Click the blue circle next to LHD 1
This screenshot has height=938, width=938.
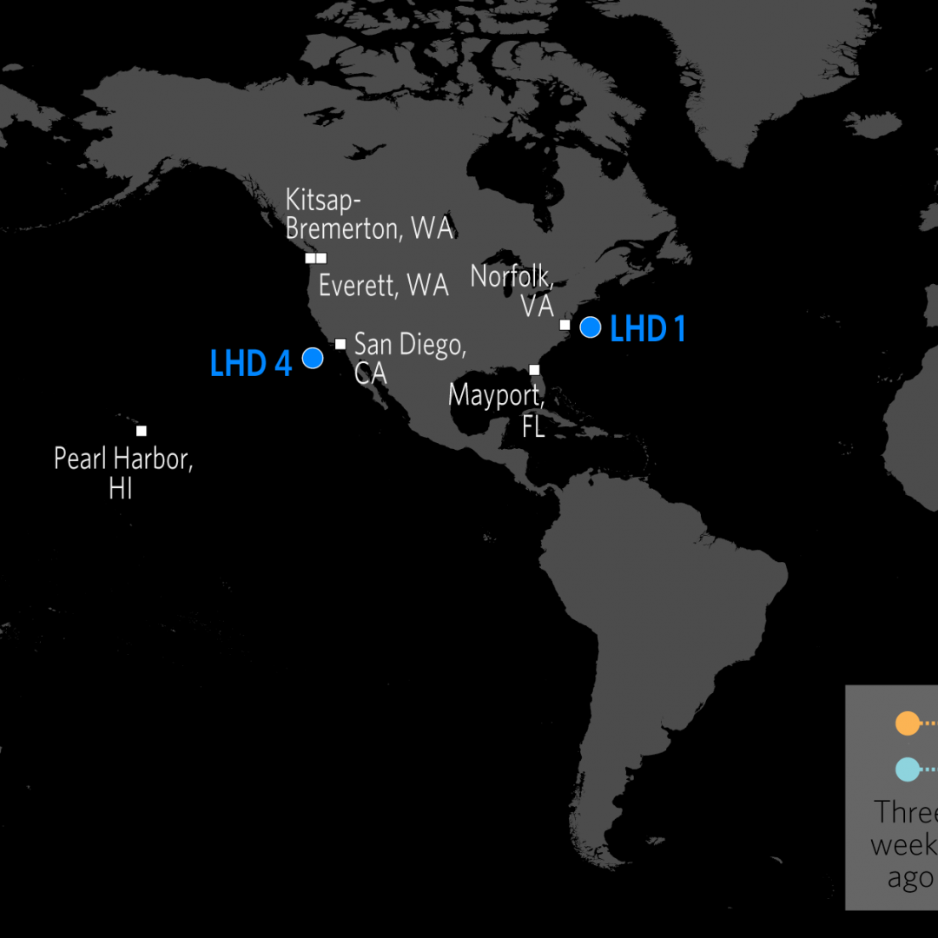pyautogui.click(x=591, y=327)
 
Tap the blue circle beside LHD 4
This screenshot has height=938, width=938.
pyautogui.click(x=313, y=357)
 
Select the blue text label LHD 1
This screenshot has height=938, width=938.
pyautogui.click(x=648, y=330)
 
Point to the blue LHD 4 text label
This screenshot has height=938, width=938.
pyautogui.click(x=251, y=364)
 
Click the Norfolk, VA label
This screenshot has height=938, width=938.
pyautogui.click(x=512, y=290)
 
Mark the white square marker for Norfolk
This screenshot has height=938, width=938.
pyautogui.click(x=565, y=325)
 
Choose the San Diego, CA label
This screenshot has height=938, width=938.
pyautogui.click(x=409, y=357)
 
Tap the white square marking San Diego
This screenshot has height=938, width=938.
pyautogui.click(x=340, y=344)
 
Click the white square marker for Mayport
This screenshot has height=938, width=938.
pyautogui.click(x=534, y=370)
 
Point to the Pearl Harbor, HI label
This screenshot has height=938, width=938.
pyautogui.click(x=123, y=472)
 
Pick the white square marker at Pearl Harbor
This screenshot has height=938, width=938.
pyautogui.click(x=142, y=431)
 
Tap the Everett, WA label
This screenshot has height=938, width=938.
pyautogui.click(x=383, y=285)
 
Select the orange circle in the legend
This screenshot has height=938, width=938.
pyautogui.click(x=907, y=723)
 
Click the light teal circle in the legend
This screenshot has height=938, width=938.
pyautogui.click(x=907, y=770)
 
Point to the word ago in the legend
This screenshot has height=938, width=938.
pyautogui.click(x=909, y=878)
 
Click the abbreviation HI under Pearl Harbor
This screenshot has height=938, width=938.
pyautogui.click(x=121, y=488)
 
